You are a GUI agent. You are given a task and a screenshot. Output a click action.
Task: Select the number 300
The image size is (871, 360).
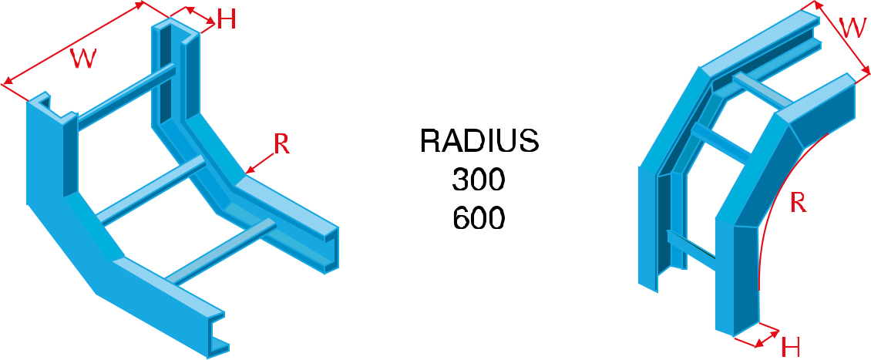[478, 180]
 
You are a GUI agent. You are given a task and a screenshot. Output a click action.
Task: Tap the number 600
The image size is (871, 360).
[478, 219]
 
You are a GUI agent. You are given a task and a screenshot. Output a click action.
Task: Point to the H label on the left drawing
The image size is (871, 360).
[226, 19]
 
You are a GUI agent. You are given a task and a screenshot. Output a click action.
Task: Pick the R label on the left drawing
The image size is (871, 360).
[281, 144]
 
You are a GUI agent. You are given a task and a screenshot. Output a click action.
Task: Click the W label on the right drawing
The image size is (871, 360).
[851, 29]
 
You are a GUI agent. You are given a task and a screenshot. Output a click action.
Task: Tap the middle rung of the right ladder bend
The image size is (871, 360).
[721, 143]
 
